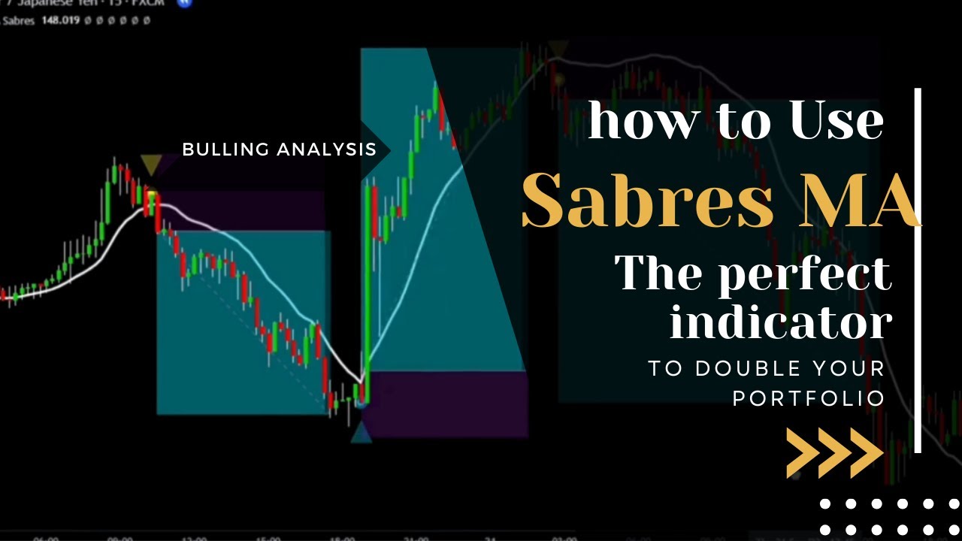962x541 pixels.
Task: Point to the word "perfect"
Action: [x=804, y=274]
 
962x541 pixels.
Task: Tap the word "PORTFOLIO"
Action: [x=809, y=397]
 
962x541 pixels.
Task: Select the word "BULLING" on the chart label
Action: [x=225, y=150]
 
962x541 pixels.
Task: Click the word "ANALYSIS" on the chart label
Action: [x=326, y=150]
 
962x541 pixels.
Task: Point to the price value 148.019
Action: [x=62, y=20]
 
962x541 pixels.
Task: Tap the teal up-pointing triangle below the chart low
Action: [x=362, y=433]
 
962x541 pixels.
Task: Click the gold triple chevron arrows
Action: [x=834, y=453]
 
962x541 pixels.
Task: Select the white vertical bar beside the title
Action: [x=918, y=270]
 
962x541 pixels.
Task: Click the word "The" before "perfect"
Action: [x=657, y=274]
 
